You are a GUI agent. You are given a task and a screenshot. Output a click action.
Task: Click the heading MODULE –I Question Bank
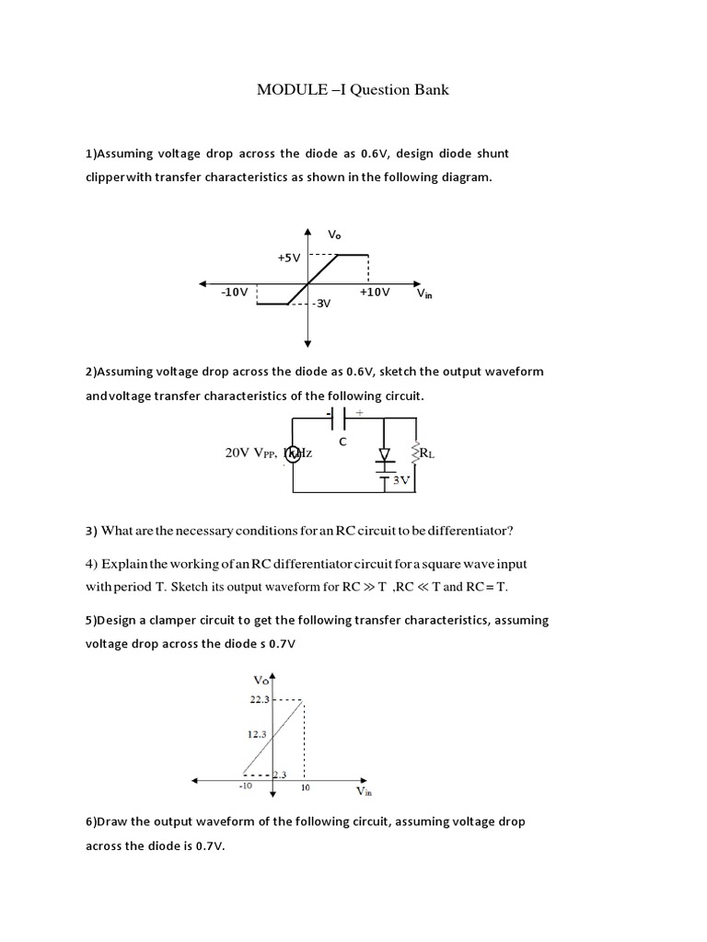(x=352, y=91)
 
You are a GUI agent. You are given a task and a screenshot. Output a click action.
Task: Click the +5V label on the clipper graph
(x=288, y=258)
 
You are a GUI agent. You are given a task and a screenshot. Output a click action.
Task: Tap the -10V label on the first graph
(x=234, y=292)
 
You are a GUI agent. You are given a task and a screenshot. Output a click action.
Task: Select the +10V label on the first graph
(x=375, y=292)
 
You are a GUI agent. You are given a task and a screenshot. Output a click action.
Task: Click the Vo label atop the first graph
(x=333, y=235)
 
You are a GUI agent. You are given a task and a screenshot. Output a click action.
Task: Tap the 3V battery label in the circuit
(x=400, y=479)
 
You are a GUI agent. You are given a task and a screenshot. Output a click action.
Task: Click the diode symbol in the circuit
(x=384, y=454)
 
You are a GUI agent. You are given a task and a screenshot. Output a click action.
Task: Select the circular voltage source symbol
(x=292, y=453)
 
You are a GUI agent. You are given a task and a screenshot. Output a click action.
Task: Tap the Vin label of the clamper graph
(x=365, y=790)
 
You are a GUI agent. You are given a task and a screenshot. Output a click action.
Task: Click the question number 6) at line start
(x=90, y=821)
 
